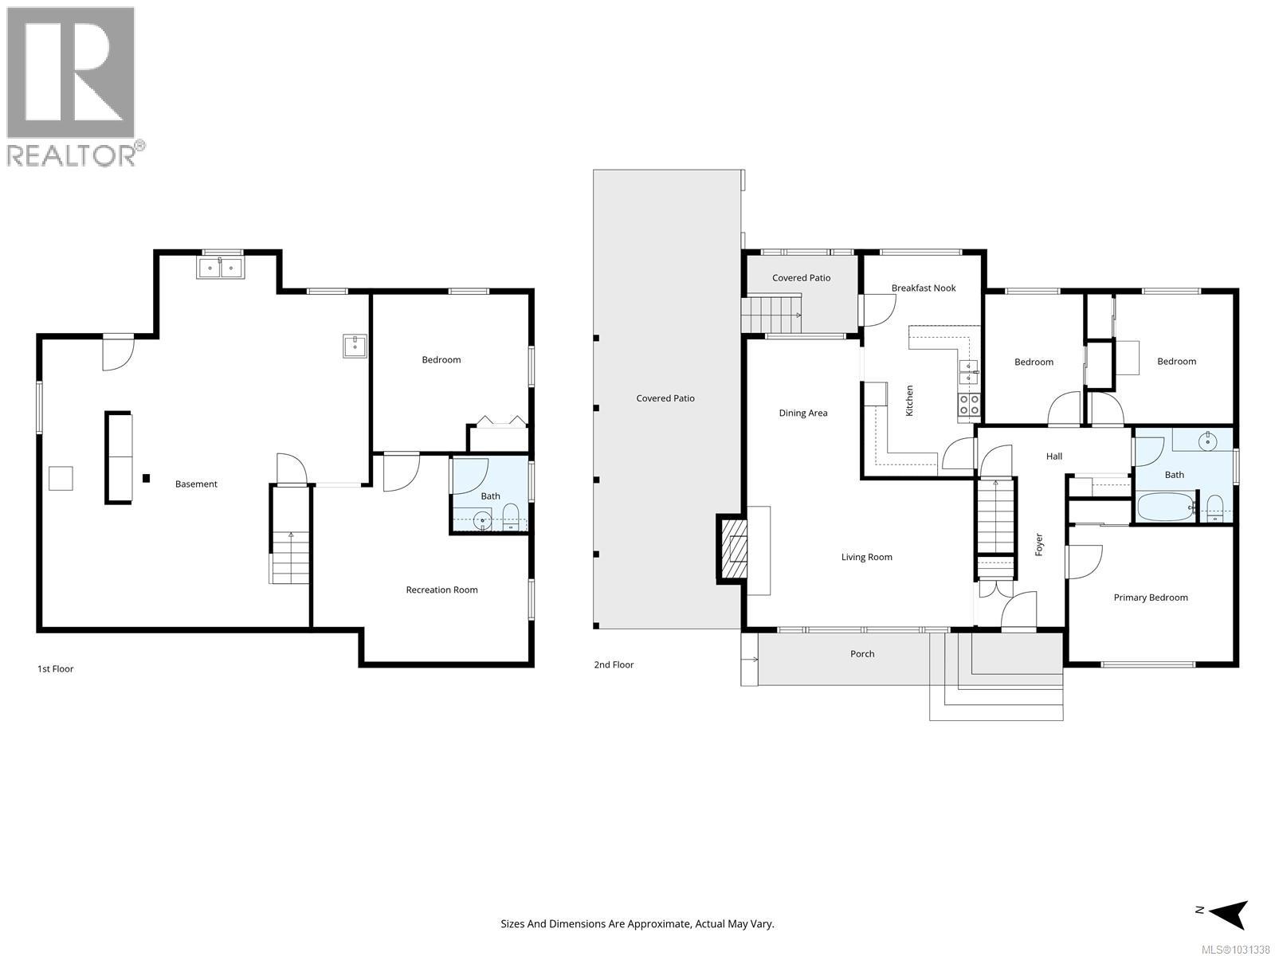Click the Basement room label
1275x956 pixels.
click(x=196, y=484)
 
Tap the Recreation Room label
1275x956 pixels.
click(x=441, y=590)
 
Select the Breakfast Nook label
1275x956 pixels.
click(x=923, y=288)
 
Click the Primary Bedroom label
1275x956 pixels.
click(x=1150, y=597)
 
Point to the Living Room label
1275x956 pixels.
click(x=866, y=557)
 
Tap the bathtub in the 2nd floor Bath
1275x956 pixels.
click(x=1164, y=506)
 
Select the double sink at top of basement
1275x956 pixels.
click(x=221, y=267)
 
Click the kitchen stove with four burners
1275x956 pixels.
click(x=969, y=405)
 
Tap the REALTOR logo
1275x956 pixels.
click(x=72, y=86)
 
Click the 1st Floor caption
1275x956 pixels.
click(x=55, y=668)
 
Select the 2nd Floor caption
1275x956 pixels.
click(x=614, y=664)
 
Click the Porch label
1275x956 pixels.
click(x=861, y=653)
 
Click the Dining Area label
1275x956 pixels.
click(x=802, y=413)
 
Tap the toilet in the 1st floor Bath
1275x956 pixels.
click(x=511, y=516)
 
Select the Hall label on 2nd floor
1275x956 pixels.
click(x=1053, y=456)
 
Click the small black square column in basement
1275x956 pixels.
click(x=146, y=478)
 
